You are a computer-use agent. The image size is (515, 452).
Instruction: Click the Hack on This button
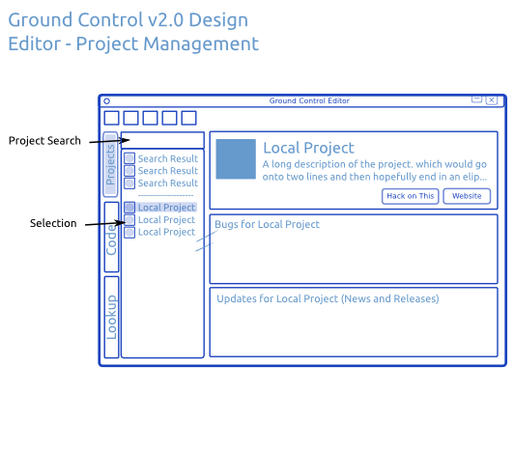(410, 196)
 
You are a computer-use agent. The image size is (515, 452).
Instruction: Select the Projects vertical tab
(110, 164)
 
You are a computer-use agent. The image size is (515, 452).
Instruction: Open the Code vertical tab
(111, 237)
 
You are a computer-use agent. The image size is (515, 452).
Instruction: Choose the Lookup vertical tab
(111, 317)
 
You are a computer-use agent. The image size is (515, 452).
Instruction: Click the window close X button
(492, 99)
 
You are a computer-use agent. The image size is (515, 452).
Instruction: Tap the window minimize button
(476, 99)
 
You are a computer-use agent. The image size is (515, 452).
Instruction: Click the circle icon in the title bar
(106, 101)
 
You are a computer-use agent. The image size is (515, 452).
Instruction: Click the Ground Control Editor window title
(309, 100)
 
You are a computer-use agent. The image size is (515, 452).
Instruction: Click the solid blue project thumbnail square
(236, 159)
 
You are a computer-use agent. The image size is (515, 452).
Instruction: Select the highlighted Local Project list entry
(166, 208)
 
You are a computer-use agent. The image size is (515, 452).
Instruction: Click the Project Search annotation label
(44, 141)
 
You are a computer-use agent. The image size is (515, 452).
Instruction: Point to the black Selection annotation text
(53, 223)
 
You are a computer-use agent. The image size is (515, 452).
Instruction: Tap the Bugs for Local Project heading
(267, 224)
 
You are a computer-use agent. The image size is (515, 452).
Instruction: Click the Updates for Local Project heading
(328, 298)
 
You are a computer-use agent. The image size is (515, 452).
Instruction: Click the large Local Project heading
(309, 148)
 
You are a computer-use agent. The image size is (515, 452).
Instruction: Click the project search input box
(162, 140)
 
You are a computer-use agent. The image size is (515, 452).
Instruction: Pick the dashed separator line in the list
(165, 195)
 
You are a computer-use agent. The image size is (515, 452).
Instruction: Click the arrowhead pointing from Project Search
(127, 140)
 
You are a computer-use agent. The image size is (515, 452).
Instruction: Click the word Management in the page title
(200, 44)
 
